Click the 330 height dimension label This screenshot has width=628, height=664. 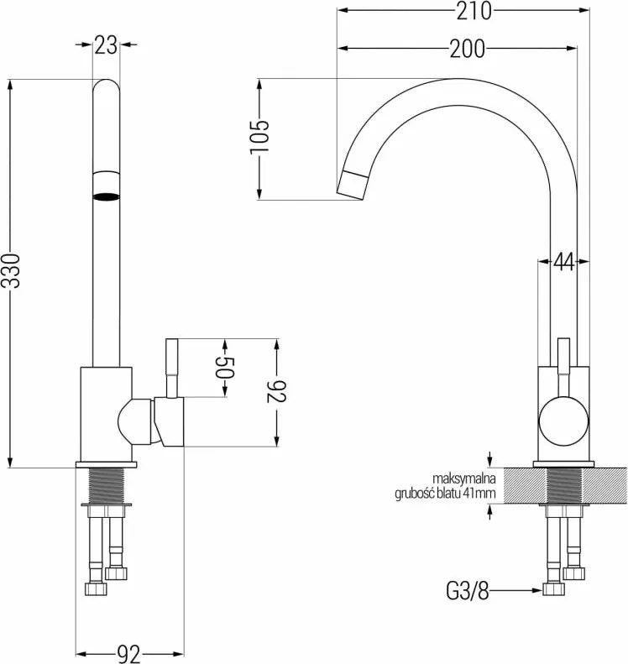coord(10,271)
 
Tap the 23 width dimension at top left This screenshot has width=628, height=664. coord(106,44)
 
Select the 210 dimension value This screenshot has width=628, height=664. coord(474,11)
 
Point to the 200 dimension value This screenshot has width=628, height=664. coord(468,49)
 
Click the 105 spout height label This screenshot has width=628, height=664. coord(259,137)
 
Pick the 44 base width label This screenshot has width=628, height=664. coord(563,262)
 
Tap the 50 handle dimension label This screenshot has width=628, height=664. coord(224,368)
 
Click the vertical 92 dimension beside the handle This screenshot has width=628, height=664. coord(277,391)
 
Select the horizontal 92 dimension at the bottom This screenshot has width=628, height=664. coord(128,655)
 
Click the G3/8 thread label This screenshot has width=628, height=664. coord(468,590)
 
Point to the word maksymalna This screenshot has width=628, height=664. coord(463,478)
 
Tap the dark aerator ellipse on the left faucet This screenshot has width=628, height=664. coord(106,196)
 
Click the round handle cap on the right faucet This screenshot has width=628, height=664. coord(563,422)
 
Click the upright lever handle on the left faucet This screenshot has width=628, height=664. coord(171,368)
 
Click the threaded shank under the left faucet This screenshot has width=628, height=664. coord(107,485)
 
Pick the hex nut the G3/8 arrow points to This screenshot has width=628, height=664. coord(554,589)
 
